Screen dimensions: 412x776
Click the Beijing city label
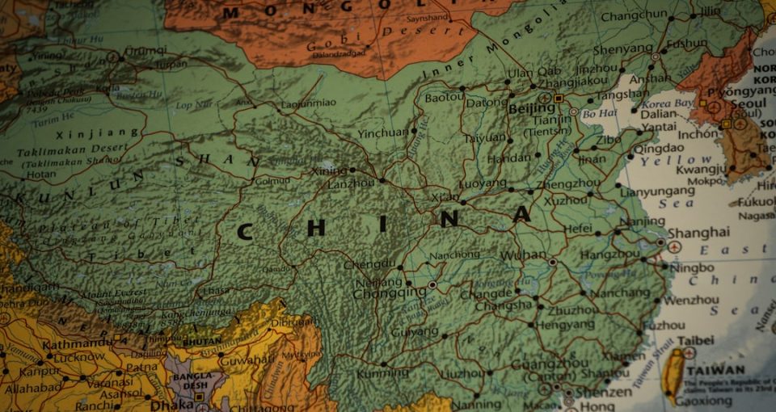pos(531,108)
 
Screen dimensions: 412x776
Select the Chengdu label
pos(369,264)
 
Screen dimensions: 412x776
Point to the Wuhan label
pos(523,255)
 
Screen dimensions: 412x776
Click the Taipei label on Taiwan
pos(694,341)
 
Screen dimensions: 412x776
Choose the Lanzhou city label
pos(351,183)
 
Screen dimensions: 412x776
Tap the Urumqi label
pos(146,51)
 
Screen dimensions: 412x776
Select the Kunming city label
pos(383,374)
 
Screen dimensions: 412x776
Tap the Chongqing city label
pos(389,293)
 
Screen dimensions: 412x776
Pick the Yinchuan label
pos(382,132)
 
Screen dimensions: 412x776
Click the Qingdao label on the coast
pos(657,149)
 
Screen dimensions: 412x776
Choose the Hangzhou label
pos(609,254)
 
